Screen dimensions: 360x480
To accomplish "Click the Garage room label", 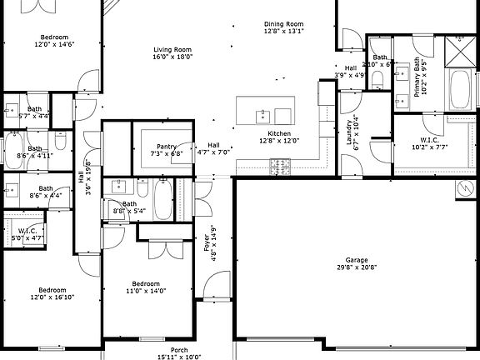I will (x=357, y=263).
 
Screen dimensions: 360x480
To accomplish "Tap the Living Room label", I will (x=172, y=53).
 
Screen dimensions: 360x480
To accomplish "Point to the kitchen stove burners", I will (x=279, y=168).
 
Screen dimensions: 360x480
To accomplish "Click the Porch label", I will (x=179, y=352).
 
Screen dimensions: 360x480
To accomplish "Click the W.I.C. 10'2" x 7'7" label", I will (x=430, y=143).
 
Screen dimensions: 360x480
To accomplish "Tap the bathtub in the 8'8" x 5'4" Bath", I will (x=162, y=201).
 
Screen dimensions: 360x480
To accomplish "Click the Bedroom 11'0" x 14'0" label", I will (x=146, y=287).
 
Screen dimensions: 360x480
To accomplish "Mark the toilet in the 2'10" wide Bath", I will (x=377, y=80).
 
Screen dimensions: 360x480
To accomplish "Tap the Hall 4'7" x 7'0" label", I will (x=213, y=148).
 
